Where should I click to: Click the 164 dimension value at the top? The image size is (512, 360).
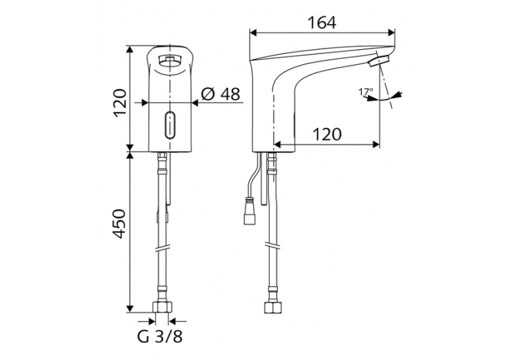pos(322,23)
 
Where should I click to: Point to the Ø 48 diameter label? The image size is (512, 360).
pos(221,94)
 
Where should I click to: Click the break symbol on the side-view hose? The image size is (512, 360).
pos(272,244)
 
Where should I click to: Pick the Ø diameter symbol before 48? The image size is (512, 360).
pos(208,94)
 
